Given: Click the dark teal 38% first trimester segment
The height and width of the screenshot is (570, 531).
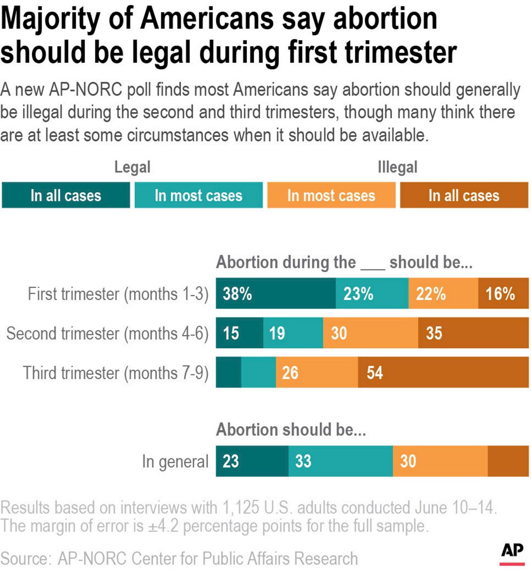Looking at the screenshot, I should pyautogui.click(x=276, y=293).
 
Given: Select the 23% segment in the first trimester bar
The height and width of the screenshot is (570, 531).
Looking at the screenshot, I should pyautogui.click(x=372, y=293).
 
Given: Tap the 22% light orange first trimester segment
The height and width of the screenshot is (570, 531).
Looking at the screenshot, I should pyautogui.click(x=443, y=293).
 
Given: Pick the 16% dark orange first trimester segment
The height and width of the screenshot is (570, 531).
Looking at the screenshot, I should pyautogui.click(x=503, y=293).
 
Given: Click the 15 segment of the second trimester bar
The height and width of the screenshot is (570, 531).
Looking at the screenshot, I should pyautogui.click(x=240, y=333).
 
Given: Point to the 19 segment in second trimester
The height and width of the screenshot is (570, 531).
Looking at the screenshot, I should pyautogui.click(x=293, y=333).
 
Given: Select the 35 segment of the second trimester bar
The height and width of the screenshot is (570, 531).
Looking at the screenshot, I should pyautogui.click(x=473, y=333).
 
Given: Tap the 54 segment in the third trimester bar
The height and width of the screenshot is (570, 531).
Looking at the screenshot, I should pyautogui.click(x=443, y=372).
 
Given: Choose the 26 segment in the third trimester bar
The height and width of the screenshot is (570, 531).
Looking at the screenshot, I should pyautogui.click(x=317, y=372).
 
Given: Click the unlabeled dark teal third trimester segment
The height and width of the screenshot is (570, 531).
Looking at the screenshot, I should pyautogui.click(x=229, y=372).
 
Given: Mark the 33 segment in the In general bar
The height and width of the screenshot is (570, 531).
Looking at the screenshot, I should pyautogui.click(x=340, y=461).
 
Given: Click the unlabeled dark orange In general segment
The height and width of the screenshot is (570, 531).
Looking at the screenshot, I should pyautogui.click(x=508, y=461).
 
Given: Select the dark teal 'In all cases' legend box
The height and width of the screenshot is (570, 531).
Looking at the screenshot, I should pyautogui.click(x=66, y=195).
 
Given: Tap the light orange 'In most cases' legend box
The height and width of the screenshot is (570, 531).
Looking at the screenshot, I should pyautogui.click(x=331, y=195).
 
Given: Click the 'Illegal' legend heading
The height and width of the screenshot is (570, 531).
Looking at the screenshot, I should pyautogui.click(x=397, y=167).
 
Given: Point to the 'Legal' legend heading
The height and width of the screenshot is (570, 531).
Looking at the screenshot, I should pyautogui.click(x=132, y=167).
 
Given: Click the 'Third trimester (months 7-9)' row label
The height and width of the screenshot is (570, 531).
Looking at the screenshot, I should pyautogui.click(x=116, y=373).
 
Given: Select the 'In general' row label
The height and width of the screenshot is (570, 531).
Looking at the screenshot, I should pyautogui.click(x=175, y=461).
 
